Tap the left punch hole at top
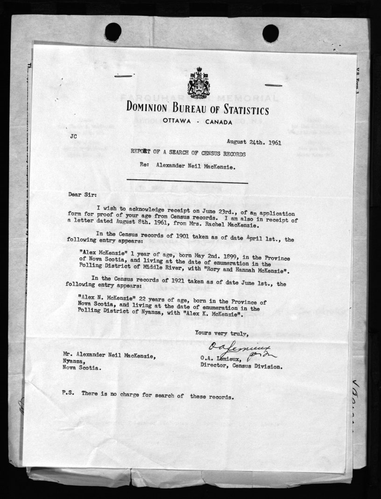tap(113, 32)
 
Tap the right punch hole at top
tap(270, 33)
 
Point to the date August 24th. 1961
tap(254, 142)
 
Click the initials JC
tap(74, 137)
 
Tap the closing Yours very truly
tap(222, 333)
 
